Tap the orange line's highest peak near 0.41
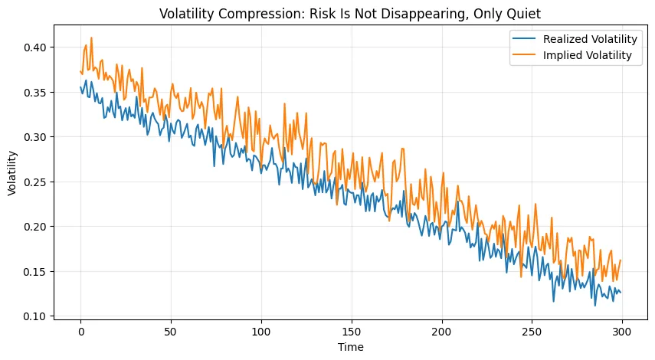click(x=91, y=38)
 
